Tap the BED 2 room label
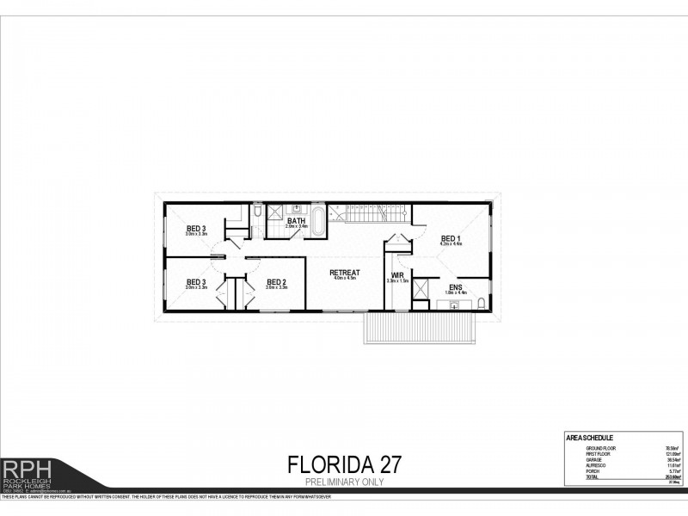pos(276,281)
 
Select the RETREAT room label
pos(344,273)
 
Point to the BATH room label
pos(297,220)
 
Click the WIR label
pos(397,274)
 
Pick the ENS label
pos(455,286)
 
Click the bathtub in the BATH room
pos(317,221)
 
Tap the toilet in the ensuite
pos(479,304)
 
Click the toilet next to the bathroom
pos(258,211)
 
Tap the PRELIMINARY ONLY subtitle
pos(343,482)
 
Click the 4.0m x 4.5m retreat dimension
pos(344,279)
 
